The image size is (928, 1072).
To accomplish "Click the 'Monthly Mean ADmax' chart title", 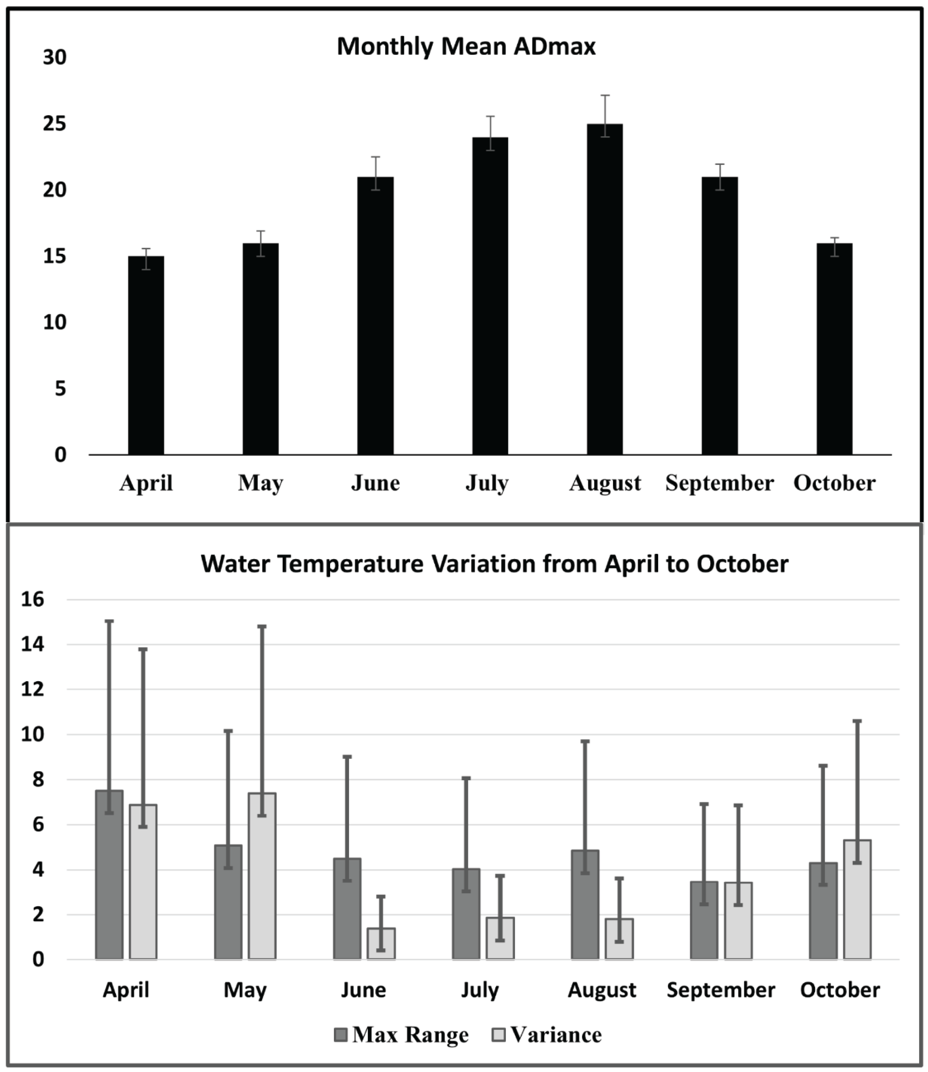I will click(x=466, y=47).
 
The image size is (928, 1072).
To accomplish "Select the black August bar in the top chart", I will click(x=604, y=290).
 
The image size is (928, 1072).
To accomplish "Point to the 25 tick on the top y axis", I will click(x=54, y=124).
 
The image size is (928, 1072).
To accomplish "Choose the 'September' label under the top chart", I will click(x=719, y=483).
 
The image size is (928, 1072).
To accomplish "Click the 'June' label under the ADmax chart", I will click(x=375, y=483).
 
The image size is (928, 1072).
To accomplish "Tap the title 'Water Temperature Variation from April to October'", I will click(x=495, y=564).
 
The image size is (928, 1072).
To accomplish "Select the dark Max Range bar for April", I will click(x=109, y=875).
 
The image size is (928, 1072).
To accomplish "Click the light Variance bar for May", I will click(x=262, y=876).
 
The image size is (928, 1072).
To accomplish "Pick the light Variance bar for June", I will click(x=381, y=943).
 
